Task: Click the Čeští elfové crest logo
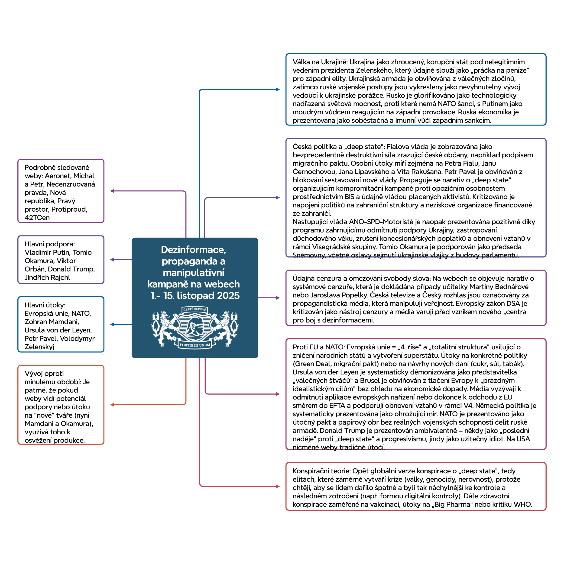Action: (x=194, y=328)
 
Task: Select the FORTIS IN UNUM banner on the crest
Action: (x=195, y=345)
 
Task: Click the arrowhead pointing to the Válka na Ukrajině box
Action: (x=278, y=89)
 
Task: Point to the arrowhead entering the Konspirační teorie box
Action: (x=278, y=486)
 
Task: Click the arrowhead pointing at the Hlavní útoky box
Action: (x=112, y=324)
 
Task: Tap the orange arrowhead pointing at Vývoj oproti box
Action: (x=112, y=405)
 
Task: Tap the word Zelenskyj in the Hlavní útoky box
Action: (x=39, y=347)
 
